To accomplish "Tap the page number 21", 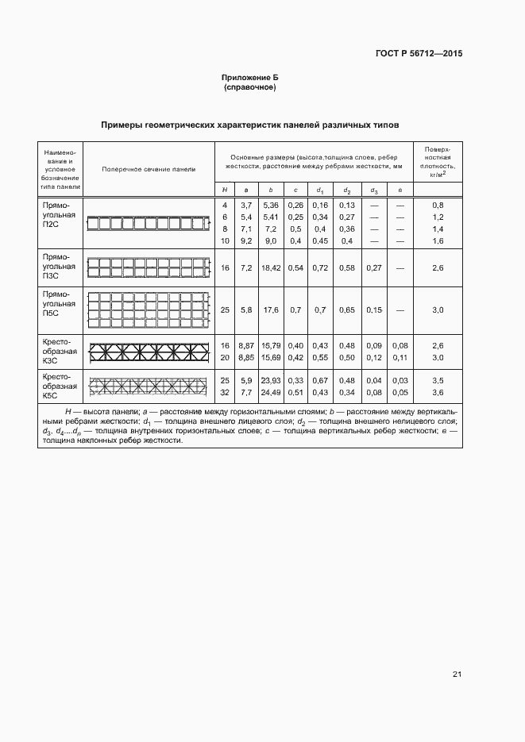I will (457, 675).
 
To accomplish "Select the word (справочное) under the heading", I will (250, 87).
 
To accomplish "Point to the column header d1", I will (320, 190).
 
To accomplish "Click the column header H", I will (225, 190).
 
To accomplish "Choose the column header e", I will (400, 190).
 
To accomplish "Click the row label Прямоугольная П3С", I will (60, 268).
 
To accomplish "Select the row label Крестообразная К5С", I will (60, 386).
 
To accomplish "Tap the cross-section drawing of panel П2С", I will (149, 224).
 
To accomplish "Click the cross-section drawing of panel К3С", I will (149, 351).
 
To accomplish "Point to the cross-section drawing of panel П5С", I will (149, 309).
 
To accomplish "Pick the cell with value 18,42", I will (271, 269).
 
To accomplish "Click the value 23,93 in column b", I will (271, 381).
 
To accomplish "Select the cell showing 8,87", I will (246, 346).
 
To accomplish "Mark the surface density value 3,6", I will (437, 392).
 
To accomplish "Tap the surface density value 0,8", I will (437, 206).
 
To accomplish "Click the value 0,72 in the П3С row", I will (320, 269).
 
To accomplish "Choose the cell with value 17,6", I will (271, 310).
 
